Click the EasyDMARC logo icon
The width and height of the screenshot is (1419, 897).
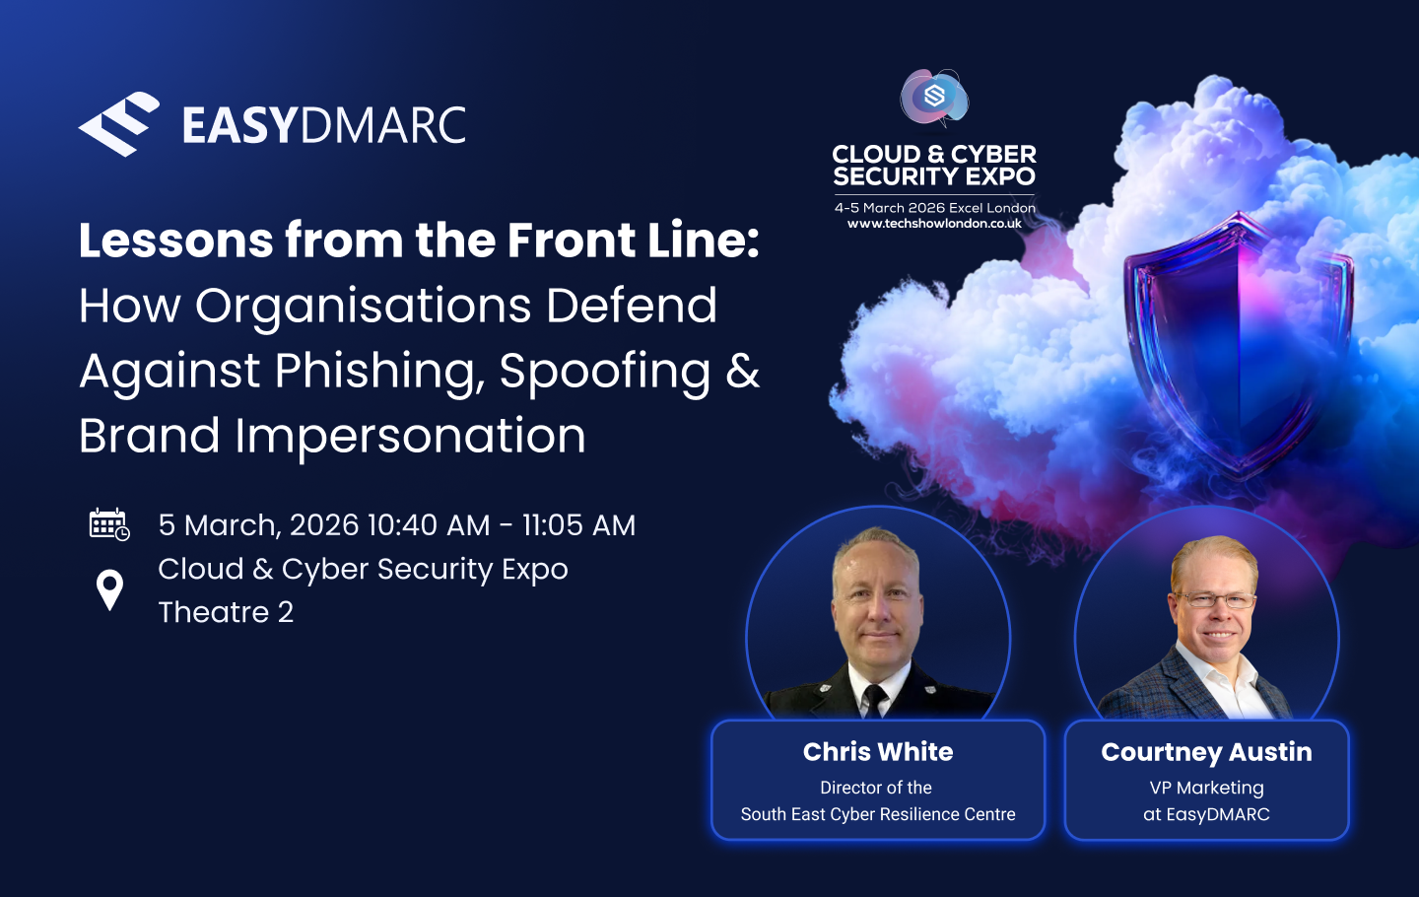[119, 124]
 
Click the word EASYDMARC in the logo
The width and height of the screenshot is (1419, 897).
[323, 125]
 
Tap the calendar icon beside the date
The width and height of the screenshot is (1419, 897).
[109, 524]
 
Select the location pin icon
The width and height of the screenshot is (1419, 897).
[109, 590]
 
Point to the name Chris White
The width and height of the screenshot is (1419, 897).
[878, 751]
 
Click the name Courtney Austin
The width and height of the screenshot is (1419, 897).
[1206, 752]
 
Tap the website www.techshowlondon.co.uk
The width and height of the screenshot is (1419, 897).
[934, 224]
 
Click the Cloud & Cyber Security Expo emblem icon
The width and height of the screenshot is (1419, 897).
[934, 97]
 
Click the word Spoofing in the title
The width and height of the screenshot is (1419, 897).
[605, 372]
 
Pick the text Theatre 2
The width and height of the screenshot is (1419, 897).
[226, 612]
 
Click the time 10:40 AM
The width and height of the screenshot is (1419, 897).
[429, 525]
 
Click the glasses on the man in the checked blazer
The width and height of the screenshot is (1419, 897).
[1214, 599]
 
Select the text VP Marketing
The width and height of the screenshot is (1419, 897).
[1207, 788]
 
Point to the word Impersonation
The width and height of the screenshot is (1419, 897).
[411, 437]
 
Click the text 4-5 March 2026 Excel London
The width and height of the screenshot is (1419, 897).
[935, 208]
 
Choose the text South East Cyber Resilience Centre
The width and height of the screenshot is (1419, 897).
[878, 814]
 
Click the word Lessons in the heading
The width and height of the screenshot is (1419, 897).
[176, 241]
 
